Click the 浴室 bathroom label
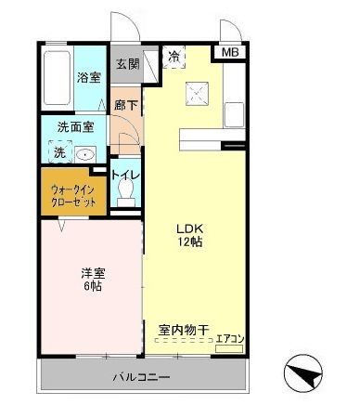[89, 78]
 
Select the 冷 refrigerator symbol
[174, 58]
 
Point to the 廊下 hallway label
[124, 106]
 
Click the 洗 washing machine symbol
[58, 152]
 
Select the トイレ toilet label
[125, 174]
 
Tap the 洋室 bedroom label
[92, 272]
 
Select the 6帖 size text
[92, 288]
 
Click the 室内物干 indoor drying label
[183, 328]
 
